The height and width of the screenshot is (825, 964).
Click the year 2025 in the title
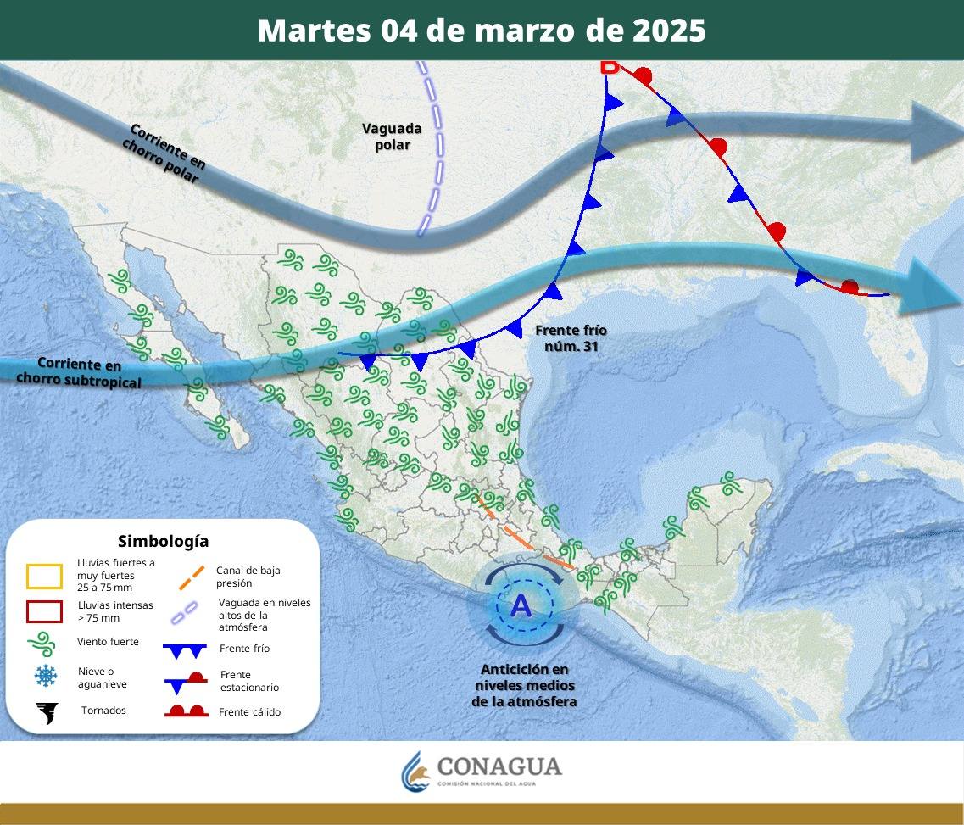pos(669,31)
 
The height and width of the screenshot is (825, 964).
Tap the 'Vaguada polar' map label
pos(392,137)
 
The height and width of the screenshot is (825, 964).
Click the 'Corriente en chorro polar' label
pos(164,153)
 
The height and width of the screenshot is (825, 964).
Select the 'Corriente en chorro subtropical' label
pos(79,372)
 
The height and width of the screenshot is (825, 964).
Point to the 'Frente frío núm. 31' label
pos(571,338)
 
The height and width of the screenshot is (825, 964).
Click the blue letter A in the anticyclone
pos(521,605)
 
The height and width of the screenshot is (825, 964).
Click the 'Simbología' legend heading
pos(163,541)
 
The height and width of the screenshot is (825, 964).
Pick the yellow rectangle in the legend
pos(44,577)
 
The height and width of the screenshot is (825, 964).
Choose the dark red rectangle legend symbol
pos(44,611)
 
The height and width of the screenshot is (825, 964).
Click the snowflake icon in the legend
pos(45,676)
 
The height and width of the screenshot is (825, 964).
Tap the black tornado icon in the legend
pos(47,712)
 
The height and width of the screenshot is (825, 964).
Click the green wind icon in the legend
pos(43,644)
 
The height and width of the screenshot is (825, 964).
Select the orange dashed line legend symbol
pos(192,577)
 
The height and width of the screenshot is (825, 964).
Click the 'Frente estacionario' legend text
pos(248,681)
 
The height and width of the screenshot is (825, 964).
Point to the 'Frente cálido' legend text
pos(249,712)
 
